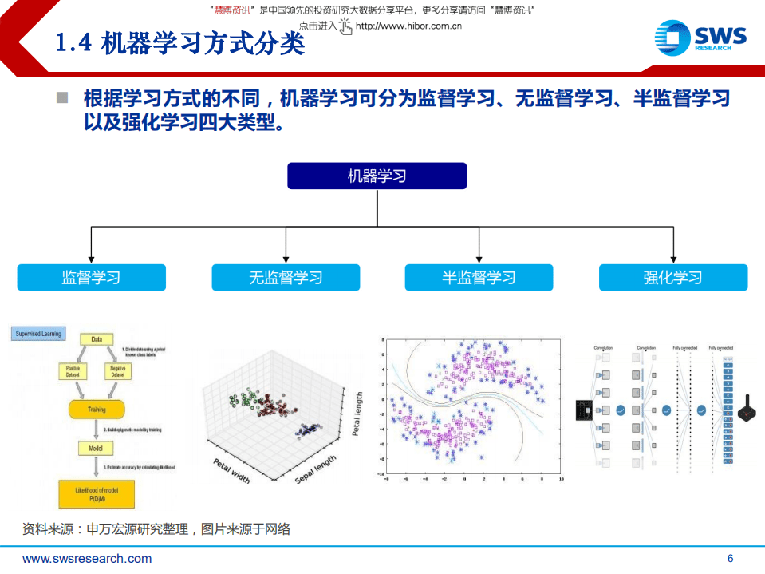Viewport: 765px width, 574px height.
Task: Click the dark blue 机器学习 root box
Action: [x=377, y=176]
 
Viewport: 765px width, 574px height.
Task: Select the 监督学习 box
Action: [x=91, y=278]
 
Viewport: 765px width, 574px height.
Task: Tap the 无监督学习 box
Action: [x=286, y=278]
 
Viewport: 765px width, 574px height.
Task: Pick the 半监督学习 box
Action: [x=479, y=278]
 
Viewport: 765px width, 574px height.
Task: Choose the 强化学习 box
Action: [x=673, y=278]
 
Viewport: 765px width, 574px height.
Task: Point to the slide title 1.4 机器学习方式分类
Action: [x=180, y=44]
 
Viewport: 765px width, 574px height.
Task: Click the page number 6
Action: [x=730, y=558]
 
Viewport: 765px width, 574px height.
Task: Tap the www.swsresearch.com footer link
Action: [x=87, y=558]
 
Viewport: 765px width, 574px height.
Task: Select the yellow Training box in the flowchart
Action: [x=97, y=410]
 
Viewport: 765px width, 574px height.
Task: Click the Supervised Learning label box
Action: [x=39, y=334]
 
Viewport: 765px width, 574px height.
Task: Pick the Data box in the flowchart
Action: [x=97, y=339]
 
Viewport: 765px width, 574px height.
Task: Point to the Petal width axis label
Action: [x=231, y=470]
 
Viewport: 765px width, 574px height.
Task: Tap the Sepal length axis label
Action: [x=316, y=468]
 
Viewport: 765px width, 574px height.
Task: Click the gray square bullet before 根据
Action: [x=62, y=98]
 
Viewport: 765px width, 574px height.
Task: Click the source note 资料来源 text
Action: [x=156, y=528]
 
